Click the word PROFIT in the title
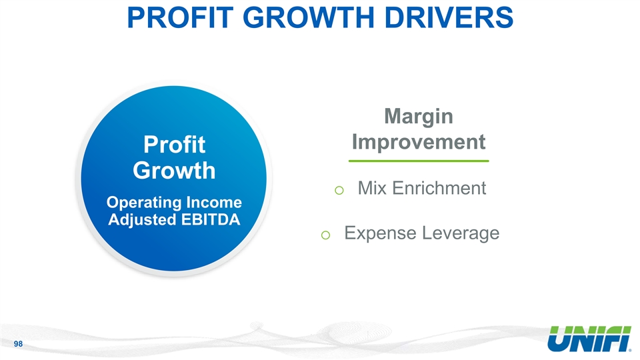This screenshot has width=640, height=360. click(180, 17)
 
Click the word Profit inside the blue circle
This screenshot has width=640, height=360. click(174, 145)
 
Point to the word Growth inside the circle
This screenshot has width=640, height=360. click(174, 171)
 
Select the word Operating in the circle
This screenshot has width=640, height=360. click(144, 203)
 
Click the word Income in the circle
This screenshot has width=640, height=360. click(214, 203)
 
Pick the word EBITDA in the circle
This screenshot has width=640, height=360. click(211, 219)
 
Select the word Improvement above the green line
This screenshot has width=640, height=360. click(419, 143)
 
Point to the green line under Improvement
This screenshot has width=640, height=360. click(419, 161)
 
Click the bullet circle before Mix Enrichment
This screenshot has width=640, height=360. click(339, 190)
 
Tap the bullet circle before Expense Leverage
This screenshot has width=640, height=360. click(325, 235)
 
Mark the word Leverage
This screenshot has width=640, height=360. click(461, 234)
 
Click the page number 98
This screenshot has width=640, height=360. click(18, 344)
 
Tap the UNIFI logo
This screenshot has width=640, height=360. click(589, 339)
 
